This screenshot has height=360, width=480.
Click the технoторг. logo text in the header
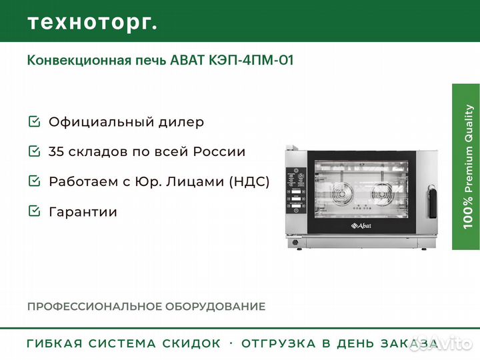[93, 23]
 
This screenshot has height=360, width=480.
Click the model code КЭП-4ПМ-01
[251, 60]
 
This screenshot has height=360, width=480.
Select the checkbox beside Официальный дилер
[34, 121]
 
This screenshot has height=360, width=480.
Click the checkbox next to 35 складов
[34, 151]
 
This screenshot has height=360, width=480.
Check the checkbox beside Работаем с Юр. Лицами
[34, 181]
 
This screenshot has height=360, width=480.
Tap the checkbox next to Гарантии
[34, 211]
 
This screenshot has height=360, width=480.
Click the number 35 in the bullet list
[56, 151]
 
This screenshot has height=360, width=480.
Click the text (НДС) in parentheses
[249, 181]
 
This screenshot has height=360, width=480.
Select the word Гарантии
[83, 212]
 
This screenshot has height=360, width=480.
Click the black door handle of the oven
[432, 201]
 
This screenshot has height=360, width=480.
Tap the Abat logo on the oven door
[361, 226]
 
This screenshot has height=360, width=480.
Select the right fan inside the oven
[381, 193]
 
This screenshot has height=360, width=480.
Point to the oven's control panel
[296, 191]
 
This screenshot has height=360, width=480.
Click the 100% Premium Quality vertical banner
[466, 167]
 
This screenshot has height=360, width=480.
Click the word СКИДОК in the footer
[191, 343]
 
